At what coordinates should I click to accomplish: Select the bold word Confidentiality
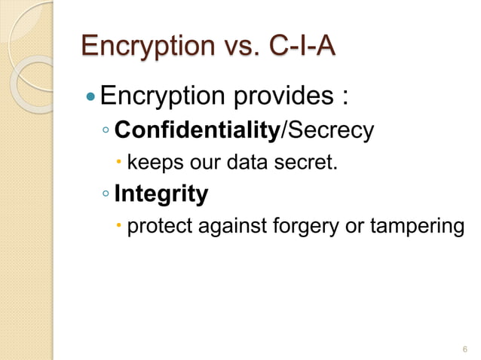(197, 130)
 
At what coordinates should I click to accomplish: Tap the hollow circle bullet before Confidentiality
(106, 131)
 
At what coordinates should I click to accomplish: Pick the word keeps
(153, 162)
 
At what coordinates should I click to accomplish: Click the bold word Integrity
(161, 194)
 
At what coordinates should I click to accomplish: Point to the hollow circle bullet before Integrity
(106, 195)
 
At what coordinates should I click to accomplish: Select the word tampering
(418, 226)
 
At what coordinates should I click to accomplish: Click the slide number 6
(464, 349)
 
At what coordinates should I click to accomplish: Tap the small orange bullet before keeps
(121, 162)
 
